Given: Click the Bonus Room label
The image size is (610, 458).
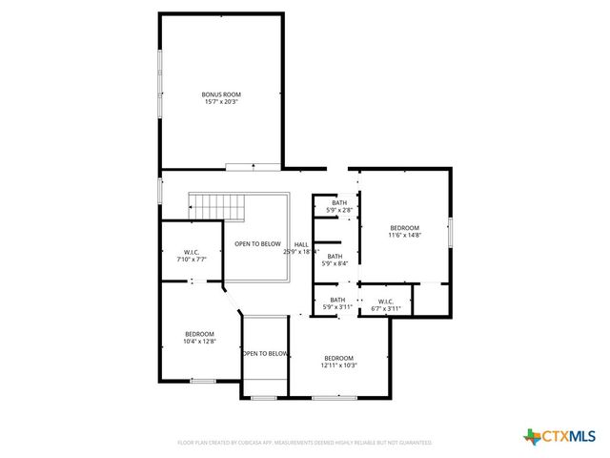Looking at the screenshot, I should tap(221, 94).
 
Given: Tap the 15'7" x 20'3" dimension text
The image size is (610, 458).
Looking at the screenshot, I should tap(221, 101).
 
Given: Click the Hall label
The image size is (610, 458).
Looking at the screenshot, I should tap(301, 245).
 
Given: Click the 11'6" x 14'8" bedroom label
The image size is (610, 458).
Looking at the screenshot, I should tap(405, 227).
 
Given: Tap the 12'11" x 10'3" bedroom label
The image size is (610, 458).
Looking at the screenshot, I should tap(338, 358).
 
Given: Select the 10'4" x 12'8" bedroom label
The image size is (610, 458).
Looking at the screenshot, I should tap(200, 334).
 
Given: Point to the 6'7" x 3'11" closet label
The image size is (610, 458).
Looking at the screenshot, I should tap(385, 305).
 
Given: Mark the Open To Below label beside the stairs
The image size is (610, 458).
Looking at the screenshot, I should tap(257, 244).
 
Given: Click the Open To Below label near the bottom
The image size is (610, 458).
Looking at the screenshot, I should tap(264, 354).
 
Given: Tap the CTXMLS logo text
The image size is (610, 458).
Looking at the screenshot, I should tap(569, 436).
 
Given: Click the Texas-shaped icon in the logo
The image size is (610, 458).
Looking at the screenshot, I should tap(531, 436).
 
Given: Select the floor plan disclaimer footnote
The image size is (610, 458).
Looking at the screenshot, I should tap(305, 443).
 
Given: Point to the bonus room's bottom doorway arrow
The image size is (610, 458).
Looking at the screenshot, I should tap(254, 166).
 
